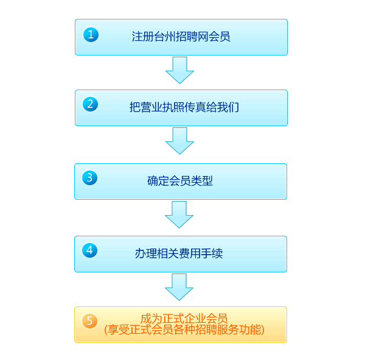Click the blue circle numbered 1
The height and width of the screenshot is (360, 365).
pyautogui.click(x=91, y=35)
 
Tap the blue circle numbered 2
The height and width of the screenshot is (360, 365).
pyautogui.click(x=91, y=104)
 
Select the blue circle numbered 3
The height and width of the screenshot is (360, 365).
pyautogui.click(x=90, y=177)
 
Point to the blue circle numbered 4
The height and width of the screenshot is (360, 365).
pyautogui.click(x=90, y=250)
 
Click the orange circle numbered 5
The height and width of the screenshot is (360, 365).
pyautogui.click(x=90, y=321)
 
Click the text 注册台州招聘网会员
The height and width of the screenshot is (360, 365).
pyautogui.click(x=181, y=37)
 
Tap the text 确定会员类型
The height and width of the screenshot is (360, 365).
pyautogui.click(x=180, y=181)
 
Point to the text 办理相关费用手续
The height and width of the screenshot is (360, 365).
pyautogui.click(x=179, y=253)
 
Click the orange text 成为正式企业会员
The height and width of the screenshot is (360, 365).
pyautogui.click(x=184, y=319)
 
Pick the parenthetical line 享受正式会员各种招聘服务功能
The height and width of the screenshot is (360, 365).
pyautogui.click(x=184, y=330)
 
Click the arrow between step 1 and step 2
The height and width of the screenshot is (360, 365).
pyautogui.click(x=179, y=71)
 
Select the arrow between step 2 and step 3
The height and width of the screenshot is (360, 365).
pyautogui.click(x=179, y=141)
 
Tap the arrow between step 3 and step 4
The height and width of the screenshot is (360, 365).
pyautogui.click(x=179, y=215)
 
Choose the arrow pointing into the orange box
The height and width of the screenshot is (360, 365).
pyautogui.click(x=179, y=287)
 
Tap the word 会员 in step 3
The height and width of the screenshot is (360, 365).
pyautogui.click(x=180, y=181)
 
